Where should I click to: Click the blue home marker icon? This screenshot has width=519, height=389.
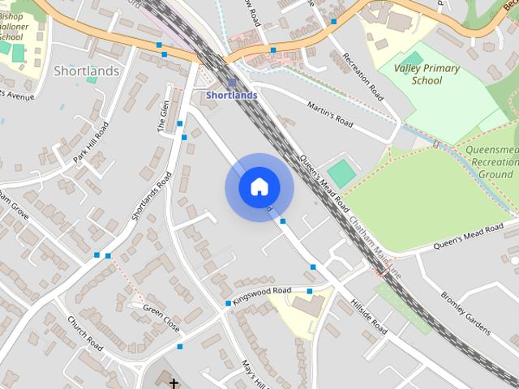coord(259,187)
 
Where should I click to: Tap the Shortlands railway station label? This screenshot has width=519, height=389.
coord(232,96)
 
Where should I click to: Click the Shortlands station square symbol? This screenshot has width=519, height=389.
coord(232,83)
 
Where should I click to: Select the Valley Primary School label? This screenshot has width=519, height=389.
coord(427,74)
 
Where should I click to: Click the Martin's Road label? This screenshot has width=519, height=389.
coord(331,113)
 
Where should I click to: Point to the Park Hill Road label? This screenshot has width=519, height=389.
coord(91,143)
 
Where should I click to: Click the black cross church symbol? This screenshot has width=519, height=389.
coord(174,382)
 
